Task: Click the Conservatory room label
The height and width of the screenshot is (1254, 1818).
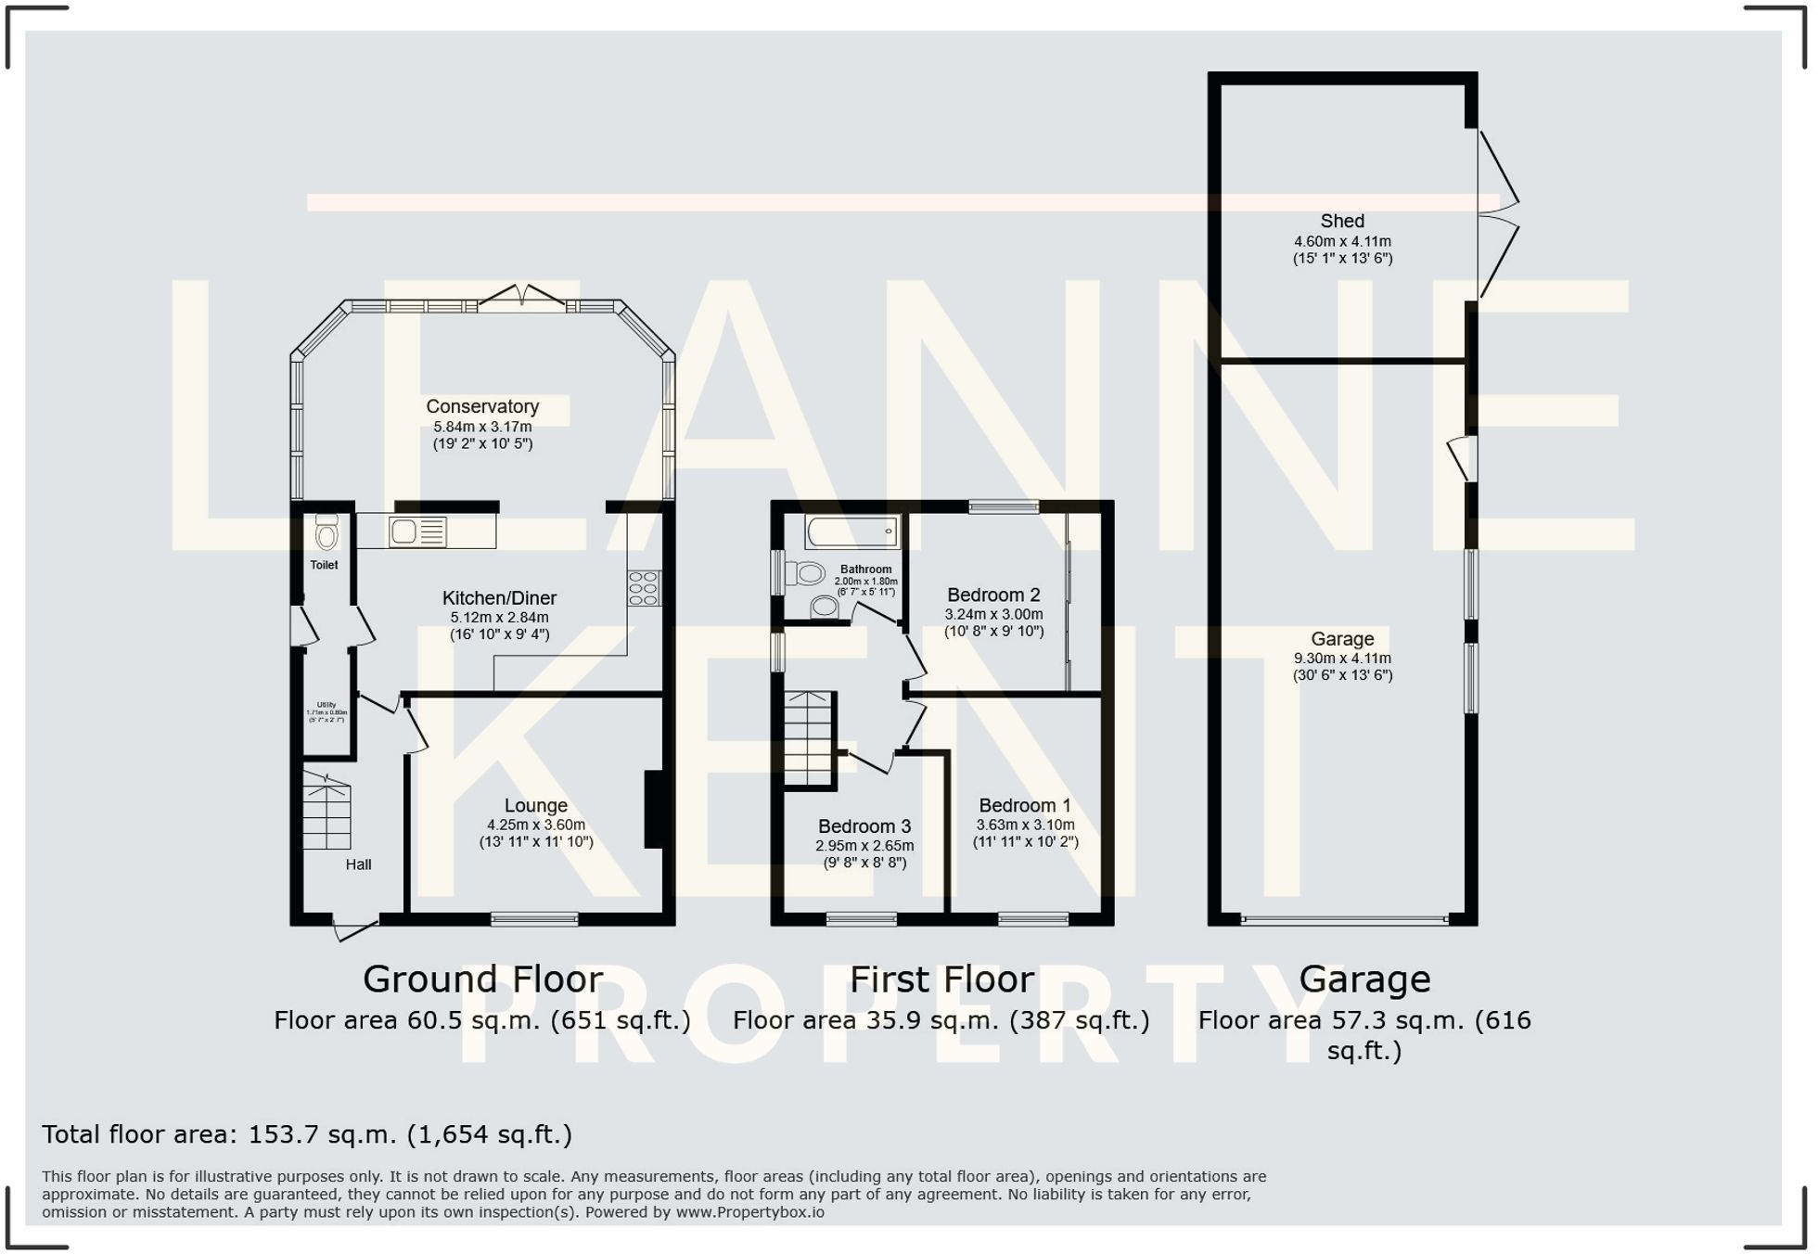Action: pos(482,406)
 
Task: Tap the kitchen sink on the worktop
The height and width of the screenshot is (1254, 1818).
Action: pos(417,531)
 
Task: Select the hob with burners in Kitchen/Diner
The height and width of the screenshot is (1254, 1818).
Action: pos(644,588)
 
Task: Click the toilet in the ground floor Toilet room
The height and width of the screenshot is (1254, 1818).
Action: pos(326,533)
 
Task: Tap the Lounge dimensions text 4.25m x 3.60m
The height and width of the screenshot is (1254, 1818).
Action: pos(536,825)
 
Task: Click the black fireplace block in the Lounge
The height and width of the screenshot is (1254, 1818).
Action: pos(654,810)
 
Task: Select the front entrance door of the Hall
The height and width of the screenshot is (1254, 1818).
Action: pos(355,928)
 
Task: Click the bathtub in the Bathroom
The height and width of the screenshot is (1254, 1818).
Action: pos(851,532)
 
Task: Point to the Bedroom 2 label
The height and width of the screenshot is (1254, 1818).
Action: pos(993,595)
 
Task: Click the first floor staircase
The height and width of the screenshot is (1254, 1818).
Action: pos(808,739)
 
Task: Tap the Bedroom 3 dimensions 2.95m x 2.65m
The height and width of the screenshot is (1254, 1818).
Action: pos(864,846)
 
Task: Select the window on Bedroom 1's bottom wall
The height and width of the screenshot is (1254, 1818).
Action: pos(1033,919)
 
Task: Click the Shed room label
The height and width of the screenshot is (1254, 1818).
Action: pos(1342,221)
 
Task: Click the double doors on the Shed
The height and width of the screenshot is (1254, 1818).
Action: pos(1496,214)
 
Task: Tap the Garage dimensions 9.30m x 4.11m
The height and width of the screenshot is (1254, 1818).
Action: pos(1342,659)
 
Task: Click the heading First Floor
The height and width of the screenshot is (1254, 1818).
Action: pos(941,979)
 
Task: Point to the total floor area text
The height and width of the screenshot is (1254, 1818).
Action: pos(307,1134)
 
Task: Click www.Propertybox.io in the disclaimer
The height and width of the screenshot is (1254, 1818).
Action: pos(749,1212)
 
